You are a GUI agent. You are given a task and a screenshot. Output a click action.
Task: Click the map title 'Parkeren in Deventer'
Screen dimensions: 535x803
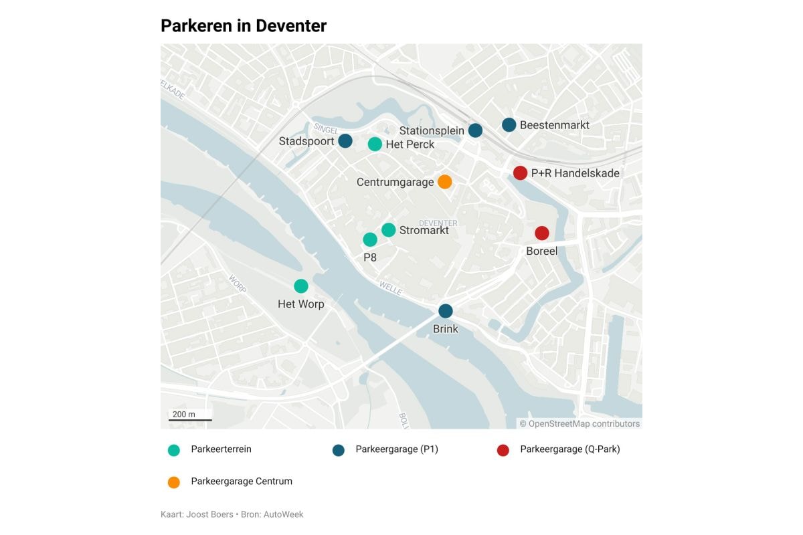(244, 26)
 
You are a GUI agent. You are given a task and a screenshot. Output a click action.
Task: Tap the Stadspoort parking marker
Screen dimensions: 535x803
(345, 141)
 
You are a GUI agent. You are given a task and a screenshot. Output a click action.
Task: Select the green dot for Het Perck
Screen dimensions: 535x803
(375, 144)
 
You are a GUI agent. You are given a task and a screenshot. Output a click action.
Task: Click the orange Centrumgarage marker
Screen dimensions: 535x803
(444, 182)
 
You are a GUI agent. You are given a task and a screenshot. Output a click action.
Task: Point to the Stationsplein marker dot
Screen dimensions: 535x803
(475, 130)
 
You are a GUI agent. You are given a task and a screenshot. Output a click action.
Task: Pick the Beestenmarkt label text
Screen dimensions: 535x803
(554, 125)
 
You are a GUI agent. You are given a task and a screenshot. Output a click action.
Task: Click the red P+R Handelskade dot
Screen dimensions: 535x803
(520, 173)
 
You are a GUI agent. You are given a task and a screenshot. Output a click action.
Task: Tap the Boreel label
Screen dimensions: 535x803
(542, 251)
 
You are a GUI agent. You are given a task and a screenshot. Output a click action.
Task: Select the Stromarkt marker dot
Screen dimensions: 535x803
(389, 230)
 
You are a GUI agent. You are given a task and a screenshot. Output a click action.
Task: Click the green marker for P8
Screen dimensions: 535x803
(370, 239)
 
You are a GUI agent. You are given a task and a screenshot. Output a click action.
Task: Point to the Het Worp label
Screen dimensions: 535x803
(301, 304)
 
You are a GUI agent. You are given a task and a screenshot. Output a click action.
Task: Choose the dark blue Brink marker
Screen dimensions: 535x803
(446, 311)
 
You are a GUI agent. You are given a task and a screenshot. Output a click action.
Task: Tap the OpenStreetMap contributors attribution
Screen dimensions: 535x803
(579, 423)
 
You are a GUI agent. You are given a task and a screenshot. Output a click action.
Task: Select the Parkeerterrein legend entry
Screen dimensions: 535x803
(221, 449)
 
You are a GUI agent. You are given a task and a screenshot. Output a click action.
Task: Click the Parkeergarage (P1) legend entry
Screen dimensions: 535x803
(396, 449)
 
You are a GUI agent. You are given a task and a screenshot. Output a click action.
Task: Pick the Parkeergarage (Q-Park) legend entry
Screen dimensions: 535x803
(569, 449)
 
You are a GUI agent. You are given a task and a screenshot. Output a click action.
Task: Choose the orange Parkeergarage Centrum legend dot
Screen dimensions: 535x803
(174, 482)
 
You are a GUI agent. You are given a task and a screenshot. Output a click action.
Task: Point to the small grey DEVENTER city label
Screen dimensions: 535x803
(438, 223)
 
